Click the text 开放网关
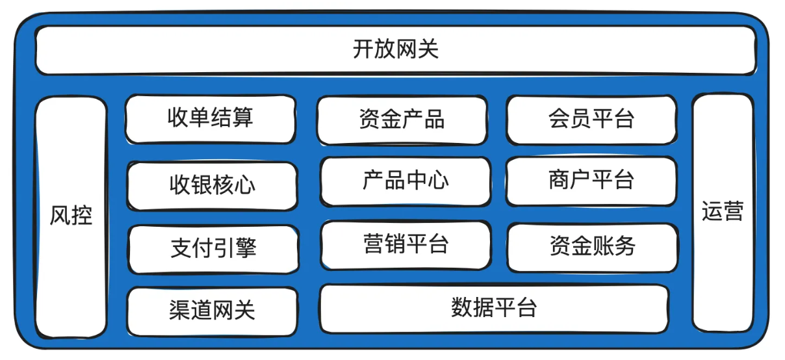(396, 50)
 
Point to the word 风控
(71, 216)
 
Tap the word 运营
(723, 212)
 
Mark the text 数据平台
(494, 307)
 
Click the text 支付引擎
(214, 248)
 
